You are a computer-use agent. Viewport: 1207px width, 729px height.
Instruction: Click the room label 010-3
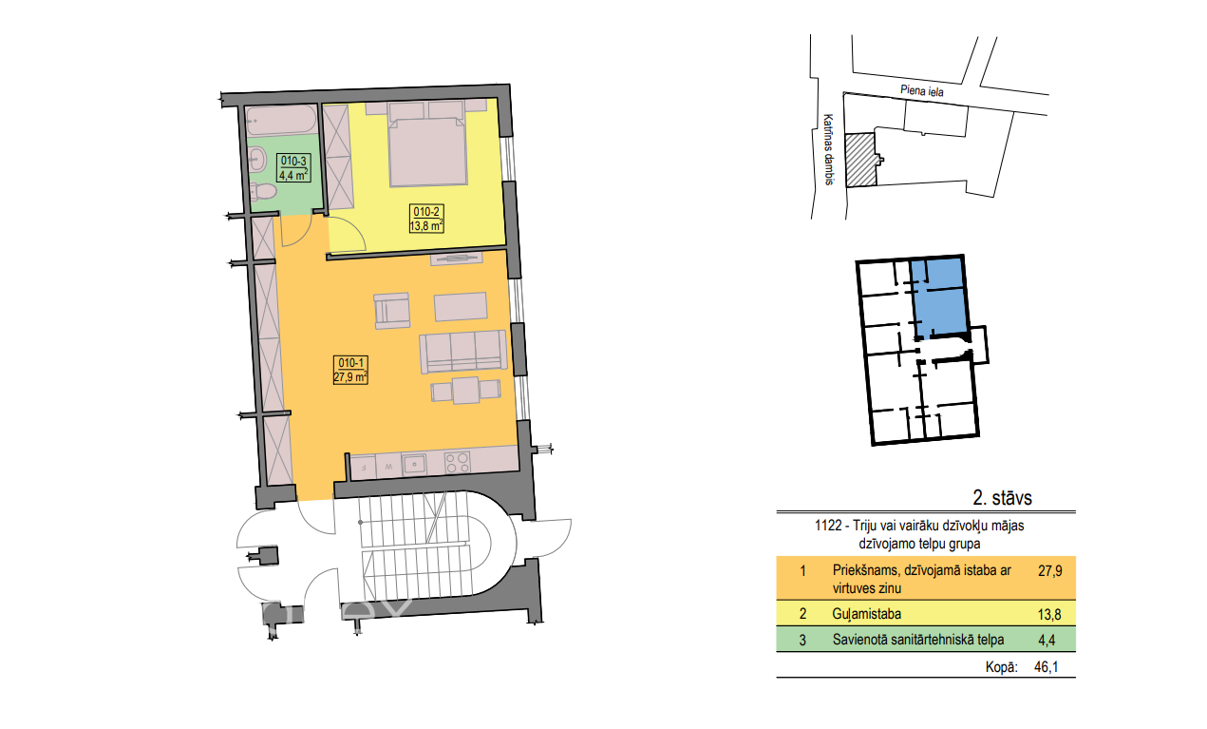pos(293,161)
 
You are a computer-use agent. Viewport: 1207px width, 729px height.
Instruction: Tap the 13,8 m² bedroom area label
pos(426,225)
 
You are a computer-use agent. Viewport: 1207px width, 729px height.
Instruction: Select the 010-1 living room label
pos(350,363)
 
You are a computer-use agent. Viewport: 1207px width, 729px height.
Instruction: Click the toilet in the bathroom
pos(263,191)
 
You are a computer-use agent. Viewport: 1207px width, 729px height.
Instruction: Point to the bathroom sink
pos(257,160)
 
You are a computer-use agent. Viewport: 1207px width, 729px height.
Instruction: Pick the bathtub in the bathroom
pos(282,120)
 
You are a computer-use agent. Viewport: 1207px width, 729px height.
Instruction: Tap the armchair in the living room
pos(392,311)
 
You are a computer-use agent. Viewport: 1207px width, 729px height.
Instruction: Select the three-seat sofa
pos(463,352)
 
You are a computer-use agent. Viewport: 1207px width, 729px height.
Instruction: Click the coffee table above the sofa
pos(461,306)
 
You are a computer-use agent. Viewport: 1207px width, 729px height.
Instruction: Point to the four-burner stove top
pos(458,463)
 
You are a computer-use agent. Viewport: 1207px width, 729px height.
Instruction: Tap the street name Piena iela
pos(922,90)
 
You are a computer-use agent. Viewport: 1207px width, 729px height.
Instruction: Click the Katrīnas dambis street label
pos(829,149)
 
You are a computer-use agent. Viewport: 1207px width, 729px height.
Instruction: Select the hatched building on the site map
pos(860,160)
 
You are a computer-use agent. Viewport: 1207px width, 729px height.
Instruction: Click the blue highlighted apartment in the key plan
pos(939,297)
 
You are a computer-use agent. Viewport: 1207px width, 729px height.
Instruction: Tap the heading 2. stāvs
pos(1002,498)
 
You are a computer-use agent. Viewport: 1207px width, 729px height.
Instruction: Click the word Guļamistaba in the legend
pos(866,614)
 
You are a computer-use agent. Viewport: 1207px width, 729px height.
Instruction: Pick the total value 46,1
pos(1046,667)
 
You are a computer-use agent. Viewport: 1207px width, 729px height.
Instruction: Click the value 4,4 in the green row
pos(1047,640)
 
